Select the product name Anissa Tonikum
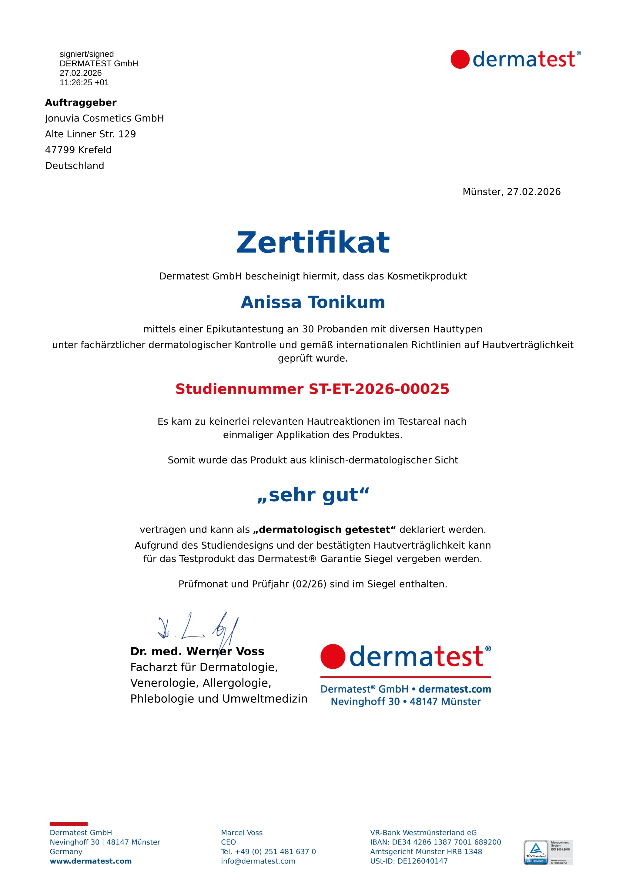pos(313,302)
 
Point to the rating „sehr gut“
pos(313,495)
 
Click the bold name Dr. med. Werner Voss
pos(197,651)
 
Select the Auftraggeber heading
pos(81,103)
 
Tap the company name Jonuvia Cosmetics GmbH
pos(104,119)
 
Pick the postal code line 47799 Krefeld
pos(78,150)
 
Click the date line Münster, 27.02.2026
pos(511,192)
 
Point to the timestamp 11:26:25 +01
pos(84,82)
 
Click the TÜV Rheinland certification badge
pos(548,852)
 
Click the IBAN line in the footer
pos(435,842)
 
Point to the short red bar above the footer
pos(69,824)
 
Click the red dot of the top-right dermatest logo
pos(460,59)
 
